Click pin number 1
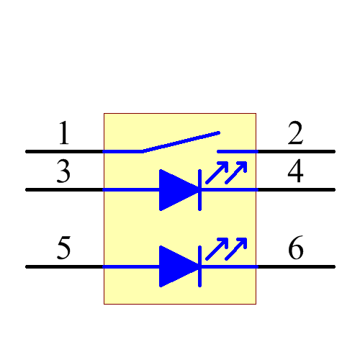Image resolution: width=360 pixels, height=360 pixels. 64,134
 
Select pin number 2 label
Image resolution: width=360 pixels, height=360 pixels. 295,134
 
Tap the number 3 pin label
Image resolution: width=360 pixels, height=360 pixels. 64,173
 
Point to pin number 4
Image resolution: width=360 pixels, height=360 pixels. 295,173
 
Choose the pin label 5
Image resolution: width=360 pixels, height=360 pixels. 64,249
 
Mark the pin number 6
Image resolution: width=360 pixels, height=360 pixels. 295,249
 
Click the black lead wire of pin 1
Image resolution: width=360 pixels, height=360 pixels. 65,152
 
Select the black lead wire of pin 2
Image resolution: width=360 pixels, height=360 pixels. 296,152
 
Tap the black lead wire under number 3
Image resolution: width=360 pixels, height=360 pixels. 65,190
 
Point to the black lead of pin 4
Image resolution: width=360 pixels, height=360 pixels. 296,190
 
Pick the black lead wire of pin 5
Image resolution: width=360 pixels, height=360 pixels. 65,266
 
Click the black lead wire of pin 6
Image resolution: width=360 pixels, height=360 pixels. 296,266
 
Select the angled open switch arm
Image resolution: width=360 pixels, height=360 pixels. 180,142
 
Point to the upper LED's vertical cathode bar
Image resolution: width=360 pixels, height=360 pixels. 199,190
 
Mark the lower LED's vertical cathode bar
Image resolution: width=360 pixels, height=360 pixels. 199,266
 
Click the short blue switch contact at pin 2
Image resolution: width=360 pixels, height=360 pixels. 237,152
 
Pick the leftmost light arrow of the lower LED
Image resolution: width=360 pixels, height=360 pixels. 217,249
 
